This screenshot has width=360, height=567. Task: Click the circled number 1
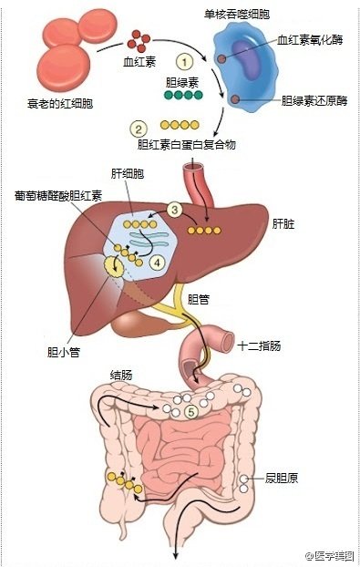pos(185,62)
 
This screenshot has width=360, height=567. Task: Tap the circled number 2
pos(139,128)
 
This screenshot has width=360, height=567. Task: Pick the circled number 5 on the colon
pos(190,411)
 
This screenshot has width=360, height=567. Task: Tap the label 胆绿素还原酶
pos(314,99)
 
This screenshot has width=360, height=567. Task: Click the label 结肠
pos(121,375)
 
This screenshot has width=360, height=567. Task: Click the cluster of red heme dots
pos(139,40)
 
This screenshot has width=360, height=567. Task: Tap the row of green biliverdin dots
pos(182,94)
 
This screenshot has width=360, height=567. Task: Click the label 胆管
pos(200,299)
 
